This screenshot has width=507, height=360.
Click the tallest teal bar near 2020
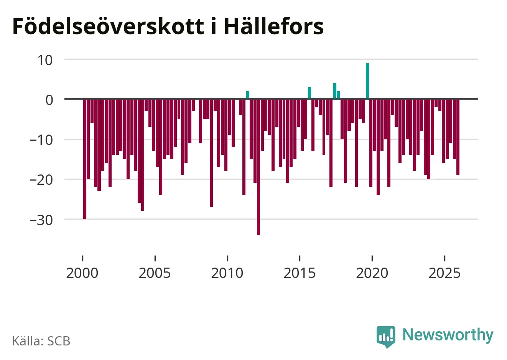pyautogui.click(x=367, y=81)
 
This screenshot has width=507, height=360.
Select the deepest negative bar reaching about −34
pyautogui.click(x=258, y=167)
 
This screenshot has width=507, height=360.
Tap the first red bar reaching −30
pyautogui.click(x=85, y=159)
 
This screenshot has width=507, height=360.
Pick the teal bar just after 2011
pyautogui.click(x=248, y=95)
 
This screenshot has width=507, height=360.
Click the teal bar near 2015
pyautogui.click(x=309, y=93)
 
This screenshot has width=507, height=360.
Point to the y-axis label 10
pyautogui.click(x=45, y=60)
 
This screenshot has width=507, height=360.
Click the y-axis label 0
pyautogui.click(x=49, y=100)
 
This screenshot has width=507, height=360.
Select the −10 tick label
pyautogui.click(x=41, y=140)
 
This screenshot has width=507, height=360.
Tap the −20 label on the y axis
pyautogui.click(x=41, y=179)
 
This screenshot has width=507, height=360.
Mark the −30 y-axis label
pyautogui.click(x=41, y=220)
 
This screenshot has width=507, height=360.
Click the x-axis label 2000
pyautogui.click(x=82, y=273)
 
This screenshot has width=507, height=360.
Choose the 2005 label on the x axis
pyautogui.click(x=155, y=273)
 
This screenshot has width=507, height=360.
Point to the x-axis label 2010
pyautogui.click(x=227, y=273)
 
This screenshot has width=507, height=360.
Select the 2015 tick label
pyautogui.click(x=300, y=273)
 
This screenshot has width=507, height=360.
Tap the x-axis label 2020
pyautogui.click(x=372, y=273)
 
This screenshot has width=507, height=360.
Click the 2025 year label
pyautogui.click(x=444, y=273)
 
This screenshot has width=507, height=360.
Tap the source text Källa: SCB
pyautogui.click(x=41, y=341)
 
